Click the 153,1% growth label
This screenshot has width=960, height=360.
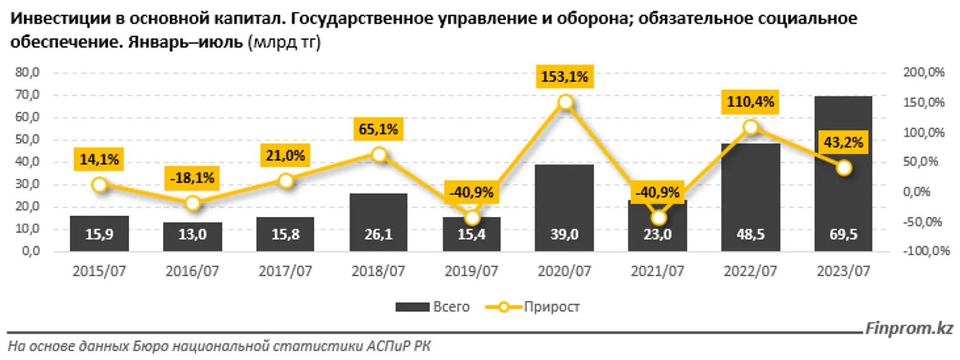(x=565, y=77)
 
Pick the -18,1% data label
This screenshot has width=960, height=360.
(x=192, y=179)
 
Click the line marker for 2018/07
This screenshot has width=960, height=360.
(x=379, y=155)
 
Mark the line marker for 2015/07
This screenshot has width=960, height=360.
(x=99, y=185)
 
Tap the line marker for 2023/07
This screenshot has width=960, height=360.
(x=843, y=167)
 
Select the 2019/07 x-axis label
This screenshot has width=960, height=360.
(x=472, y=271)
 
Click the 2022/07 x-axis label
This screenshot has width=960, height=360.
(x=751, y=271)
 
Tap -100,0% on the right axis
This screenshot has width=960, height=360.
(x=926, y=252)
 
